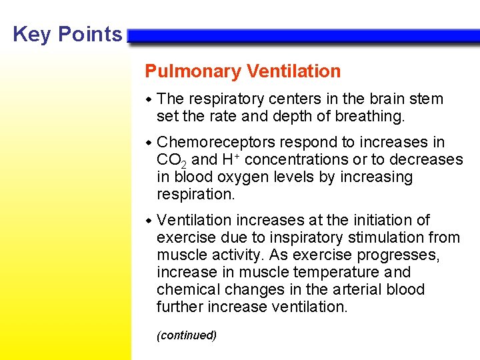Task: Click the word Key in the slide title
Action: (x=27, y=34)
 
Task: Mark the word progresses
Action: (x=399, y=255)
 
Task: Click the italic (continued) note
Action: (x=187, y=335)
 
